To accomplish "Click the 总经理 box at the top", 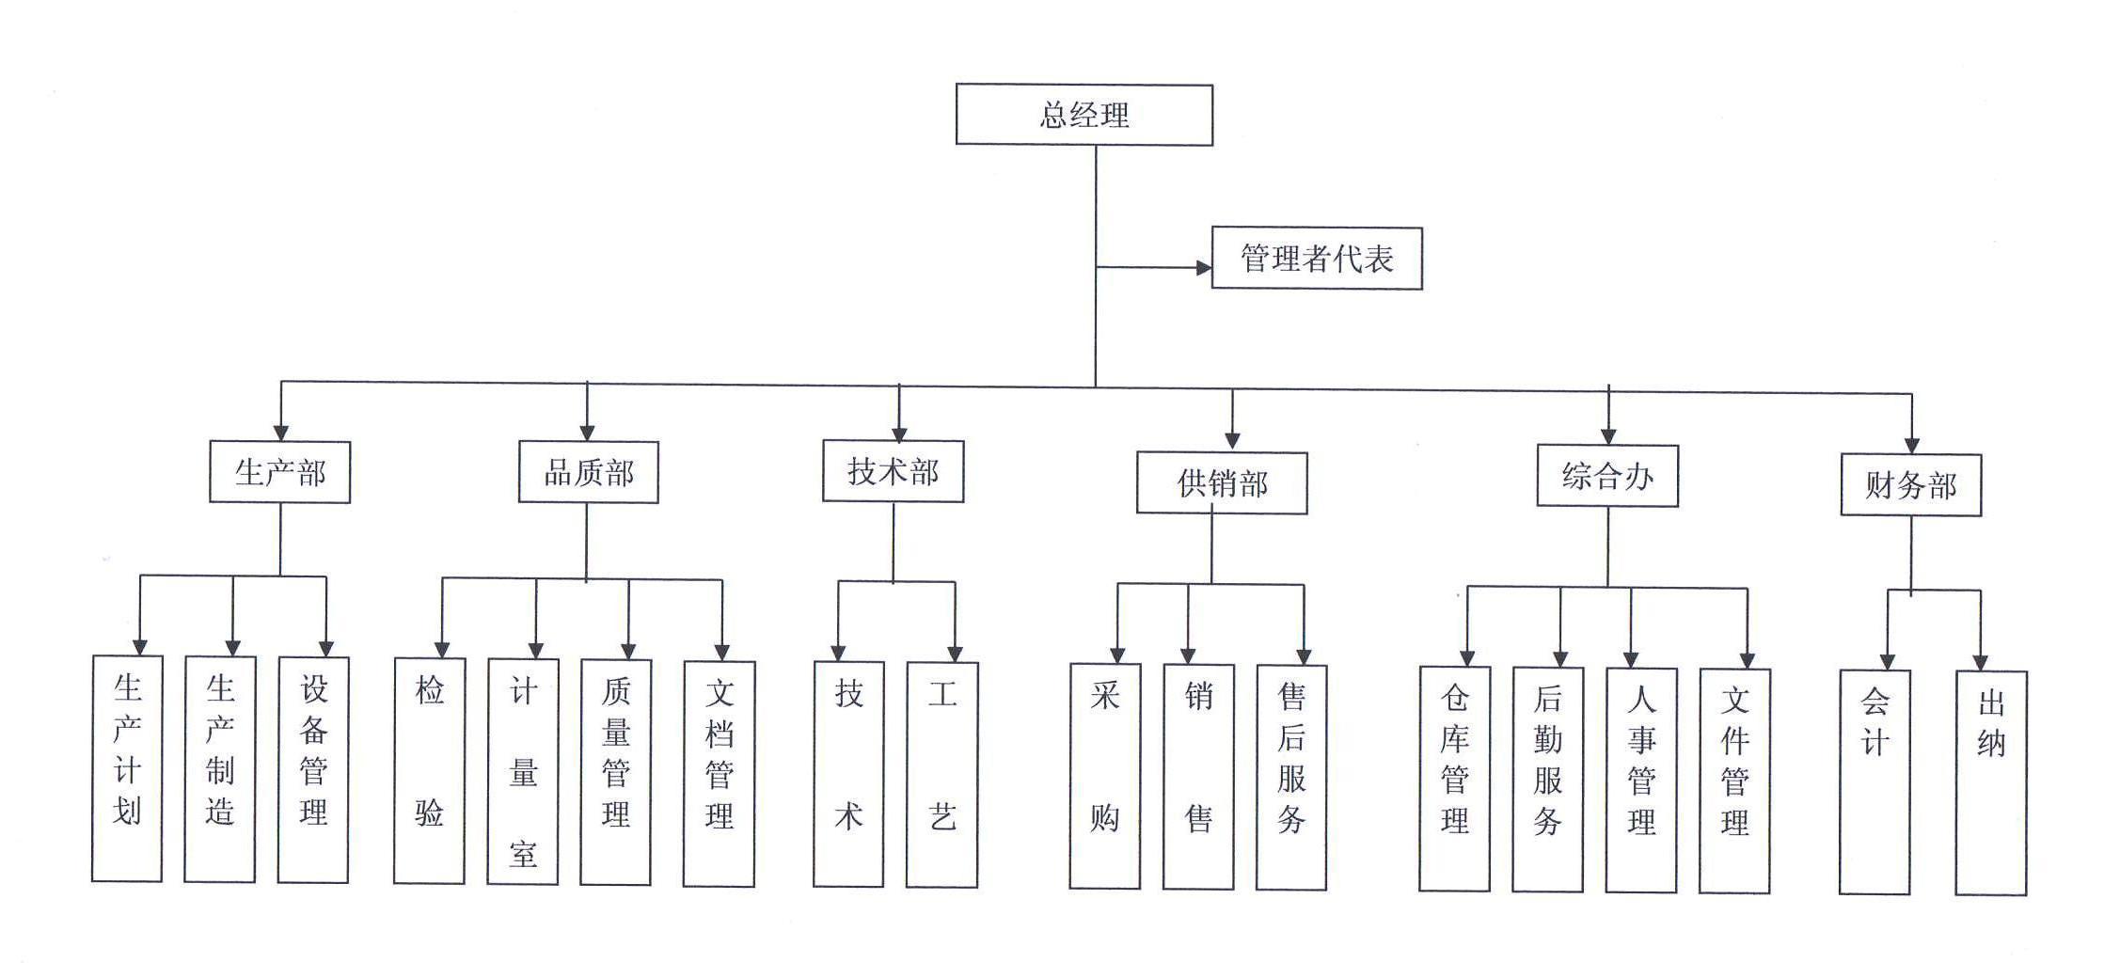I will (1084, 115).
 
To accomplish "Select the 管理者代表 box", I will (1316, 258).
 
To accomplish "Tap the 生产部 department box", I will (279, 472).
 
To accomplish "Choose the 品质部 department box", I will (588, 472).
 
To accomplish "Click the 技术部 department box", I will (893, 471).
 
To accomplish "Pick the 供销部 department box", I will (1221, 483).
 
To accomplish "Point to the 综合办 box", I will (1606, 476).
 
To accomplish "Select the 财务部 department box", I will (1910, 485).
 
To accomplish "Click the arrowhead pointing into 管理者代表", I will (1203, 268).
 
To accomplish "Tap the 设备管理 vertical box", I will (313, 769).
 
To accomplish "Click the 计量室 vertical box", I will (523, 771).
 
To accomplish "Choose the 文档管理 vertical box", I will (719, 773).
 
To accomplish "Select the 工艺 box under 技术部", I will (941, 774).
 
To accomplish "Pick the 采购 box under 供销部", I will (1104, 776).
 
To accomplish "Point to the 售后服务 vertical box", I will (1291, 777).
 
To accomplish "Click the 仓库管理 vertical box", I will (1454, 779).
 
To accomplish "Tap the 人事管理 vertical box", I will (1640, 780).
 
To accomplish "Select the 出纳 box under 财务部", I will (1990, 782).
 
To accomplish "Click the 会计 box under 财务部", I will (1874, 781).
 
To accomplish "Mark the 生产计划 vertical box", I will (127, 768).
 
